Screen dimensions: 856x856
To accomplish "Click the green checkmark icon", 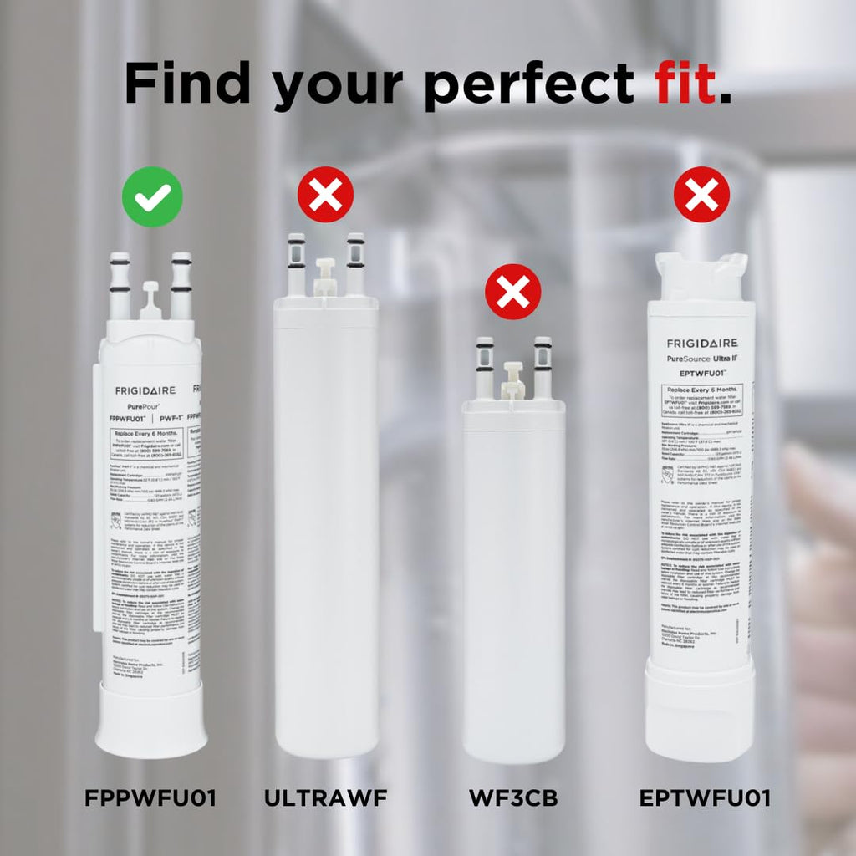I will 151,196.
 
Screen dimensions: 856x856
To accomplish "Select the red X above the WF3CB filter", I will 513,292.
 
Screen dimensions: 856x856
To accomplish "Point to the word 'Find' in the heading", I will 191,86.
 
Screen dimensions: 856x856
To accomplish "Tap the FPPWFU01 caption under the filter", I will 150,798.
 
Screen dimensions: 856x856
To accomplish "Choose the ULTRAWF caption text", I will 326,798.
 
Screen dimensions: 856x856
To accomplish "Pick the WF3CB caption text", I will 513,798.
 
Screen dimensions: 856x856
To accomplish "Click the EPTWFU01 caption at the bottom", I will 705,798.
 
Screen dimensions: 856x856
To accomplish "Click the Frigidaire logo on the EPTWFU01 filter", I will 701,344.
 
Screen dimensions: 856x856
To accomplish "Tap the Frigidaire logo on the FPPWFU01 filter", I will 145,390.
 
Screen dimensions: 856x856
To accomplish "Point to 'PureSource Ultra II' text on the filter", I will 701,359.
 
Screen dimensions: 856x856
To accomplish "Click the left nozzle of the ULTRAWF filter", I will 297,264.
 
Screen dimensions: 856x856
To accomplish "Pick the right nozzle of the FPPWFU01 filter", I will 181,285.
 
